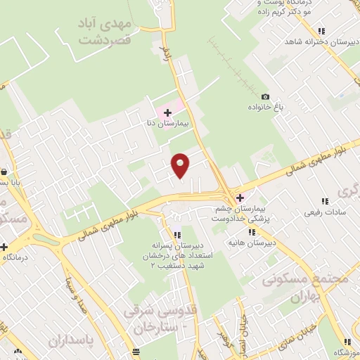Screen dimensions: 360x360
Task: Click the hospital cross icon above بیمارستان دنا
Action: [x=167, y=112]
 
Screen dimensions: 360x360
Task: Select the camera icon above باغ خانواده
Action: [x=265, y=97]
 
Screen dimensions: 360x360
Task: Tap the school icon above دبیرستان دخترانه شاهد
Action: [x=321, y=31]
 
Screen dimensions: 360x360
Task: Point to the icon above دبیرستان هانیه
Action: [x=271, y=232]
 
